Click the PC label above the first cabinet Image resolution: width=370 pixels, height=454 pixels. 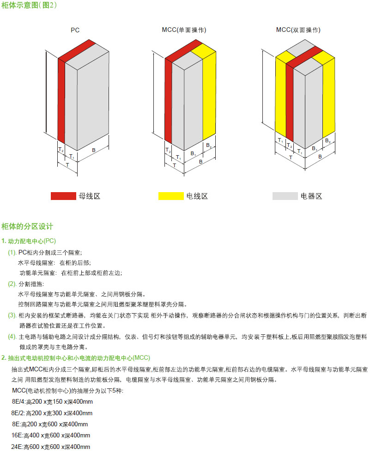[75, 30]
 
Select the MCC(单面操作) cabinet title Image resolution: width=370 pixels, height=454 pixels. [184, 30]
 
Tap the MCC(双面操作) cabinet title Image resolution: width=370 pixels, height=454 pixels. [298, 30]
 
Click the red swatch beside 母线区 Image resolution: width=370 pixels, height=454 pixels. [63, 196]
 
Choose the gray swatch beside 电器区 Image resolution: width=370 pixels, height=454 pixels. [285, 196]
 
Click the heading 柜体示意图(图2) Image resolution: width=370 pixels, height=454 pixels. [30, 6]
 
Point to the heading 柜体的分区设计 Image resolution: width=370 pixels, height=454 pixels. [27, 226]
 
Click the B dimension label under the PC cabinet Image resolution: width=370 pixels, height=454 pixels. [94, 151]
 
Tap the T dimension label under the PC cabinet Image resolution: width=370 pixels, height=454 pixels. [67, 164]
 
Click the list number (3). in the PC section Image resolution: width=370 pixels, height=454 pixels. [12, 315]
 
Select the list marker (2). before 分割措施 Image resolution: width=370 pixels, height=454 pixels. [12, 284]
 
